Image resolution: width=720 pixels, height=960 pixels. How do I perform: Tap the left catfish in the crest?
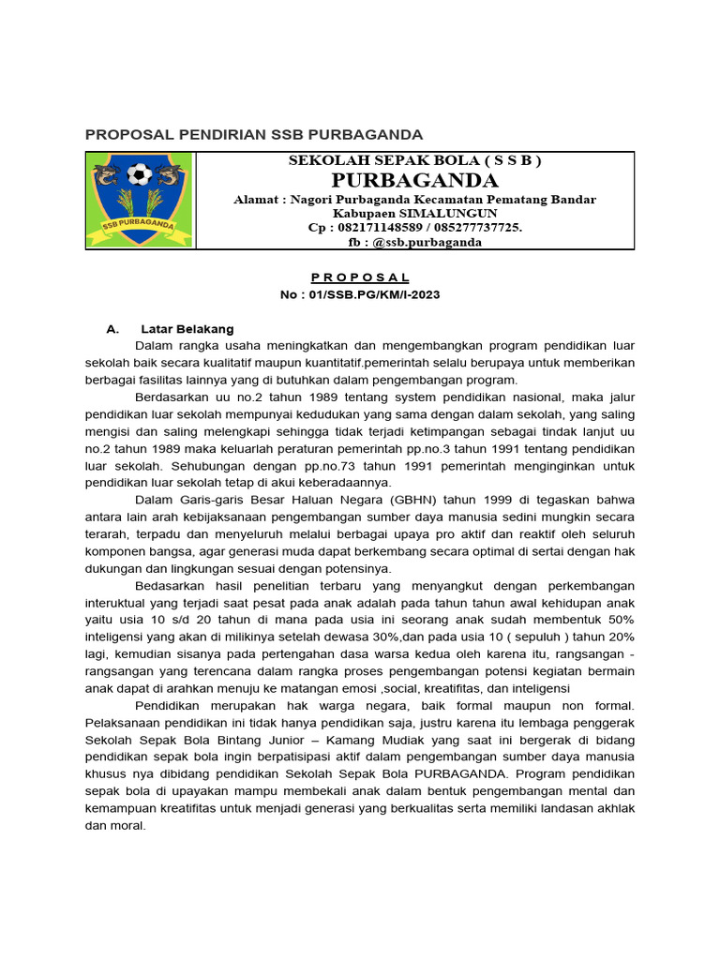coord(110,175)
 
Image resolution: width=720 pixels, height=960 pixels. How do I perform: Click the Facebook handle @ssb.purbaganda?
coord(427,242)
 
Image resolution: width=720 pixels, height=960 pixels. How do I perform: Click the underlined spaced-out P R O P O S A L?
coord(360,277)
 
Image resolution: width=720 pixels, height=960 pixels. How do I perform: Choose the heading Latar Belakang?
coord(187,329)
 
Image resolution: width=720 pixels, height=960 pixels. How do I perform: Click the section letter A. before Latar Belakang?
coord(113,329)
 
